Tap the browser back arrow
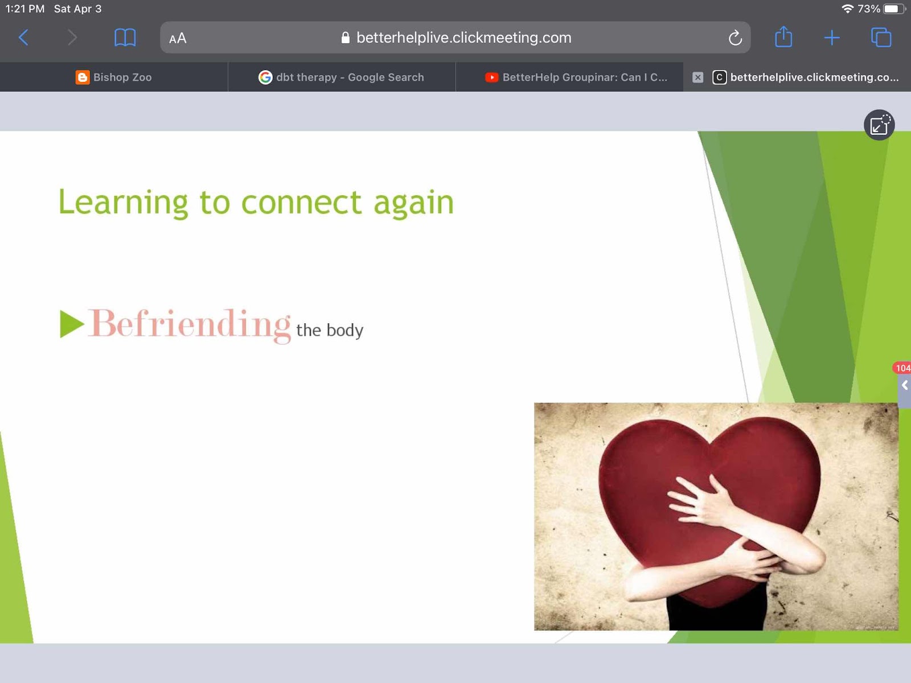click(x=24, y=38)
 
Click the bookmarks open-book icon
click(x=125, y=38)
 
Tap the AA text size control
click(x=178, y=38)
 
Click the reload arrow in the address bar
click(x=735, y=38)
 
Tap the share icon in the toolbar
click(x=783, y=37)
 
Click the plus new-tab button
click(x=832, y=38)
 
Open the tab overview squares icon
click(x=881, y=38)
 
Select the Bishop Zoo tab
click(x=114, y=77)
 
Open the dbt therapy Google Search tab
click(x=342, y=77)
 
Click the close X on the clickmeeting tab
click(x=697, y=77)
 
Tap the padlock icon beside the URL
click(x=345, y=38)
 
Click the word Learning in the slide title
click(x=123, y=203)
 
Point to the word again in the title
click(x=414, y=204)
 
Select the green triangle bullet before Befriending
click(x=71, y=324)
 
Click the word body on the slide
click(x=345, y=331)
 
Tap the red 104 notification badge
click(x=902, y=368)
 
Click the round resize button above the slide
click(x=879, y=125)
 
